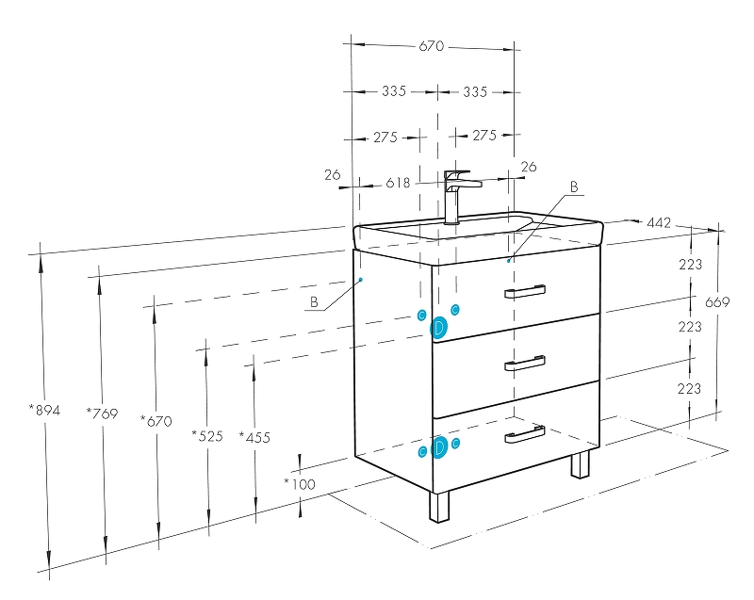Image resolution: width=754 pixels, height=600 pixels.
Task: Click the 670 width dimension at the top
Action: pyautogui.click(x=432, y=46)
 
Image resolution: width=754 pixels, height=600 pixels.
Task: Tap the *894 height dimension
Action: pyautogui.click(x=44, y=410)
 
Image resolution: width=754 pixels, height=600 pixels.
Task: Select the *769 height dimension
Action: pyautogui.click(x=102, y=413)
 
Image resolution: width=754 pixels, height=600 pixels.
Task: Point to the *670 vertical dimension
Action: pyautogui.click(x=156, y=421)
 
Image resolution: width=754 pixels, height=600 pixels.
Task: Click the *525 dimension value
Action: pyautogui.click(x=207, y=435)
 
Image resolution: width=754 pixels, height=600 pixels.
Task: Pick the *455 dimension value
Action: pyautogui.click(x=254, y=436)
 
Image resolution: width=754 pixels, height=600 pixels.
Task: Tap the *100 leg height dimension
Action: pyautogui.click(x=300, y=484)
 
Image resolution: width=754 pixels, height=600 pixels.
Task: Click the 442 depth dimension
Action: pyautogui.click(x=658, y=222)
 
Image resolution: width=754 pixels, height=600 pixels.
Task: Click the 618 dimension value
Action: pyautogui.click(x=398, y=183)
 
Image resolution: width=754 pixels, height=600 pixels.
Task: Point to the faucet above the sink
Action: pyautogui.click(x=456, y=193)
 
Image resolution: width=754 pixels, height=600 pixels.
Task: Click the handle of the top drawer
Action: pyautogui.click(x=524, y=291)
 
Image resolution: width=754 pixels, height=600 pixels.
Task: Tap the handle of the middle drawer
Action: pyautogui.click(x=524, y=364)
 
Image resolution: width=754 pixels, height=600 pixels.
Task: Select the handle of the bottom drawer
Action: pyautogui.click(x=524, y=434)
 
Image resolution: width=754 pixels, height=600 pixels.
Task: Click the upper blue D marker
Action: pyautogui.click(x=438, y=327)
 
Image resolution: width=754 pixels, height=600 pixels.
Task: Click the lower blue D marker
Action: pyautogui.click(x=438, y=447)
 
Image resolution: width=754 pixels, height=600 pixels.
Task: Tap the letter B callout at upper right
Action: pyautogui.click(x=572, y=187)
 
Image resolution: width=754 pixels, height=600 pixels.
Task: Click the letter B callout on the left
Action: pyautogui.click(x=313, y=302)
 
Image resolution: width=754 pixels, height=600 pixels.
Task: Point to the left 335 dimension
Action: pyautogui.click(x=394, y=91)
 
